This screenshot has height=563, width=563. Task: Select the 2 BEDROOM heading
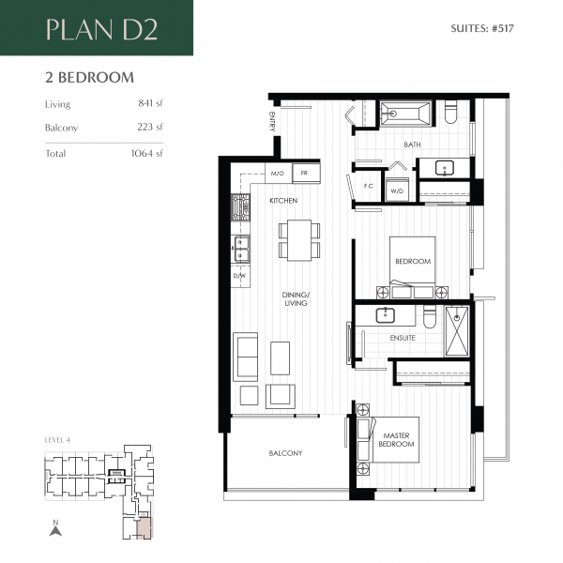click(89, 77)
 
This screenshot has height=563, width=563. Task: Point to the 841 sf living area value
click(148, 104)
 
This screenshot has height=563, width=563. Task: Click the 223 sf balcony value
click(148, 127)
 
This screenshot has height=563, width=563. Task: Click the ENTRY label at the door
click(272, 123)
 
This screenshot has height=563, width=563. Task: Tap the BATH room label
click(412, 145)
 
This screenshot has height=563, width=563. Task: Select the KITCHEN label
click(283, 201)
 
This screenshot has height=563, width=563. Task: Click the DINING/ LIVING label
click(296, 299)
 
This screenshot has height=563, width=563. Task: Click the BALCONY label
click(285, 453)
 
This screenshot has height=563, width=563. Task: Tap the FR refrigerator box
click(304, 174)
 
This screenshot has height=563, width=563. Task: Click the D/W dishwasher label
click(239, 276)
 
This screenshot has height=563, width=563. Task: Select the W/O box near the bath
click(396, 191)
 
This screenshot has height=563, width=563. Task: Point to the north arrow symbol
click(55, 530)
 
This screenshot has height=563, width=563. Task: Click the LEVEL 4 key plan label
click(58, 439)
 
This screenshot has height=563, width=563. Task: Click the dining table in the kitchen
click(298, 241)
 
